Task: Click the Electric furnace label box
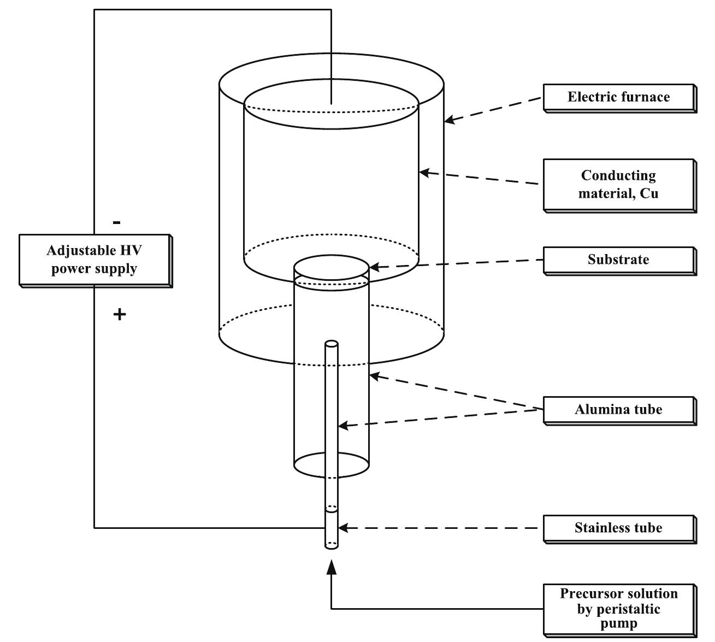pos(619,97)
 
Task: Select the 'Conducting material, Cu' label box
pos(619,185)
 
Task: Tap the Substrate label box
pos(619,260)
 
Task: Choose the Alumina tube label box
pos(619,410)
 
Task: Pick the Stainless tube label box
pos(619,528)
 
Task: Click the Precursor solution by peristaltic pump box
pos(619,608)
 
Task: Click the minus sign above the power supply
pos(117,223)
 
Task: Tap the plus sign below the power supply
pos(119,314)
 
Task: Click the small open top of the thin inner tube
pos(332,344)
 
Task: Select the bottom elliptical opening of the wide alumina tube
pos(332,464)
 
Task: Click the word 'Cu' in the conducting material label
pos(649,193)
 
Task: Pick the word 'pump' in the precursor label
pos(619,623)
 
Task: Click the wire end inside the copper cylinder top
pos(332,102)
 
